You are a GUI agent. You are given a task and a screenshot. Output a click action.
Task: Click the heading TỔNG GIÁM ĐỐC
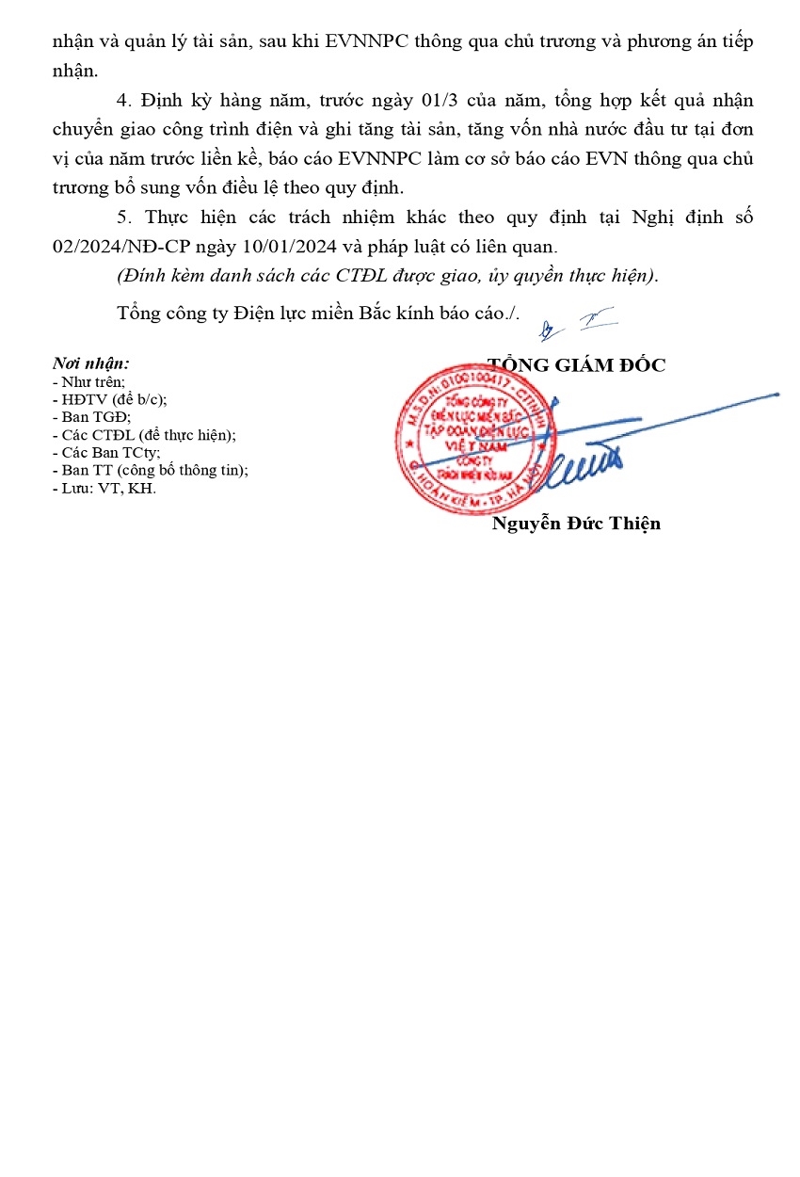tap(576, 365)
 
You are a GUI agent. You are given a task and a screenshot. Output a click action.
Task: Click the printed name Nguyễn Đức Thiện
tap(576, 524)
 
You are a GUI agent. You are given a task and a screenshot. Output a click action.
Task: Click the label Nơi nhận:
tap(91, 363)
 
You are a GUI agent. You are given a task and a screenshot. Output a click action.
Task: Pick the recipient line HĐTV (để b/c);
tap(113, 398)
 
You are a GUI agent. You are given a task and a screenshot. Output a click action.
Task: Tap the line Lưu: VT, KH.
tap(106, 488)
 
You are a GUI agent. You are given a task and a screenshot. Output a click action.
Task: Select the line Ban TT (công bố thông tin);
tap(153, 470)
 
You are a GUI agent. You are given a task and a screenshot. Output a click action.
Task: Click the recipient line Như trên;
tap(92, 381)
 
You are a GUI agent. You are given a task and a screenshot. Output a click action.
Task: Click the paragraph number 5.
tap(123, 218)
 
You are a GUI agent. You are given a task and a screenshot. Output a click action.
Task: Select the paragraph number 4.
tap(123, 101)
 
